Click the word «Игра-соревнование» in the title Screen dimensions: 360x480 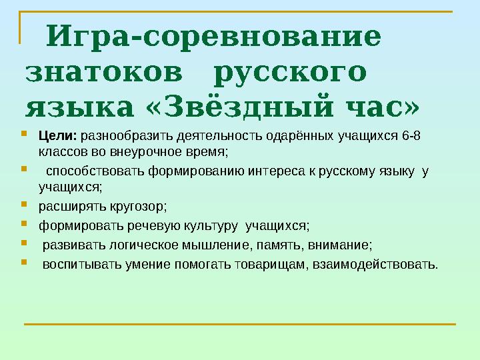point(217,37)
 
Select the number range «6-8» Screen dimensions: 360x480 point(412,137)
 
